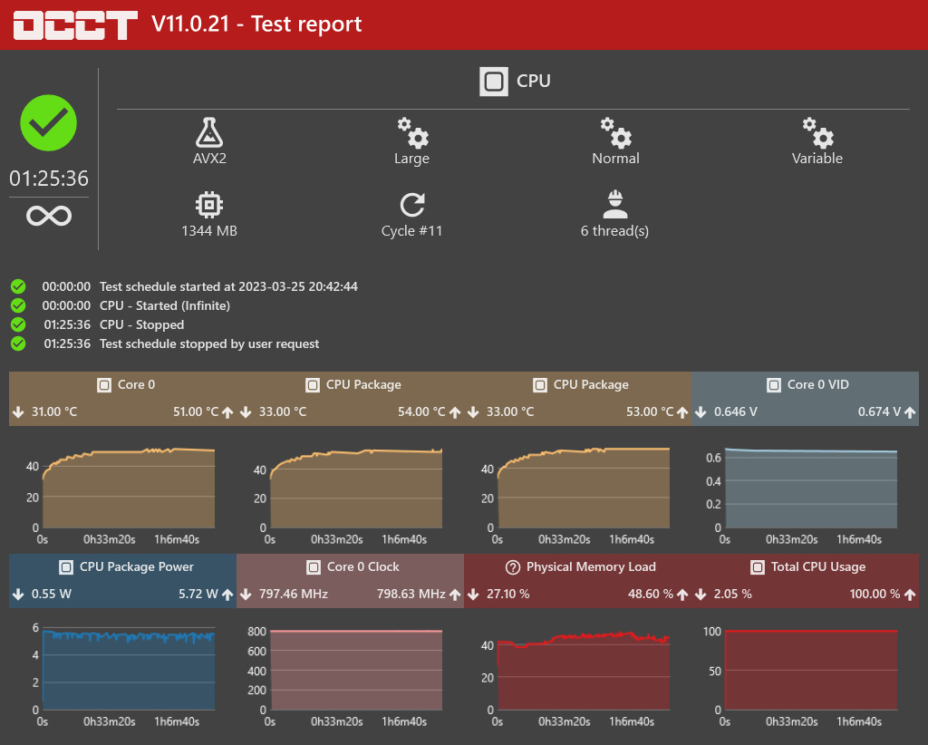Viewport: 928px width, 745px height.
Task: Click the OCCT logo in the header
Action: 76,24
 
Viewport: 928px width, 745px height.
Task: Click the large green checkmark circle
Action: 49,122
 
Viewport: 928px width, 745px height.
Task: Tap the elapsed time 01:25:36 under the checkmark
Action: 49,179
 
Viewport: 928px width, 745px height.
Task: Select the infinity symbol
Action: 49,217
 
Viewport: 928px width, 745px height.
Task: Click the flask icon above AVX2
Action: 209,132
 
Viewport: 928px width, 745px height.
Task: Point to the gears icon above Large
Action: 412,132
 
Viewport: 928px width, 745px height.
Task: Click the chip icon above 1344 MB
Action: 209,204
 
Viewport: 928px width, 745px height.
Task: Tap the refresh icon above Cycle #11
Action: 412,204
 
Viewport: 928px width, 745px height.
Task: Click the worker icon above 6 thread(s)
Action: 615,204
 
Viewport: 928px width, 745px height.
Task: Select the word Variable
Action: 817,159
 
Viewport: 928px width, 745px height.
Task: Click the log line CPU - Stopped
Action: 141,324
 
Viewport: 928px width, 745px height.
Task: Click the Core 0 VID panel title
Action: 817,384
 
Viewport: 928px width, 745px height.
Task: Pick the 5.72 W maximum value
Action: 198,595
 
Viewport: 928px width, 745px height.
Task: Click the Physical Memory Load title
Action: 591,566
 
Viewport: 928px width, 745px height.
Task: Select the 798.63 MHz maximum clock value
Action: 411,595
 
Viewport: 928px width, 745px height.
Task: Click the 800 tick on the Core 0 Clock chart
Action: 256,632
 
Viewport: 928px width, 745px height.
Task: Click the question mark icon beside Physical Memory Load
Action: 512,567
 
